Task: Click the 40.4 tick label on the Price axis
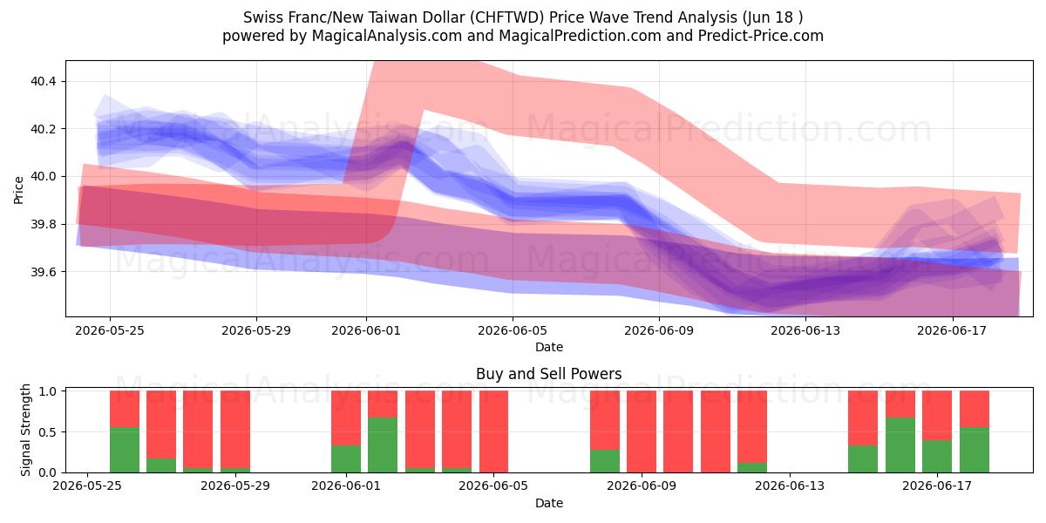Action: (x=43, y=82)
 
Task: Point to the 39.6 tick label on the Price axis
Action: (x=43, y=272)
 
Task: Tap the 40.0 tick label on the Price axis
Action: (x=43, y=177)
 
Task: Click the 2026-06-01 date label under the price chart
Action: (x=366, y=331)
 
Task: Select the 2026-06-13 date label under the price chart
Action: (x=805, y=331)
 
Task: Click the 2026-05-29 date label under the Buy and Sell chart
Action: (x=235, y=486)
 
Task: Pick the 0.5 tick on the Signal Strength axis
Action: (x=47, y=432)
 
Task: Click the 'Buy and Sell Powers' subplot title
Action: (x=548, y=374)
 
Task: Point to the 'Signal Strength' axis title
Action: (x=25, y=430)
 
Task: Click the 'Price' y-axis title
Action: (x=18, y=190)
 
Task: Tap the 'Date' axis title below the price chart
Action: (x=548, y=347)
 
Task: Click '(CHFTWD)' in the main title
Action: (x=506, y=17)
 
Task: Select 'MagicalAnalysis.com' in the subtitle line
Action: (x=387, y=36)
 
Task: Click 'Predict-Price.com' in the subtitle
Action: (x=761, y=36)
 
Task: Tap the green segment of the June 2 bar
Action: (x=383, y=445)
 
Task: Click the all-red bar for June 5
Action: (x=493, y=431)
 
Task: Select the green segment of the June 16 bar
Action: (x=900, y=445)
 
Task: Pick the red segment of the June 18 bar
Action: (x=975, y=409)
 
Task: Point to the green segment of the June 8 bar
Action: (x=605, y=461)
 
